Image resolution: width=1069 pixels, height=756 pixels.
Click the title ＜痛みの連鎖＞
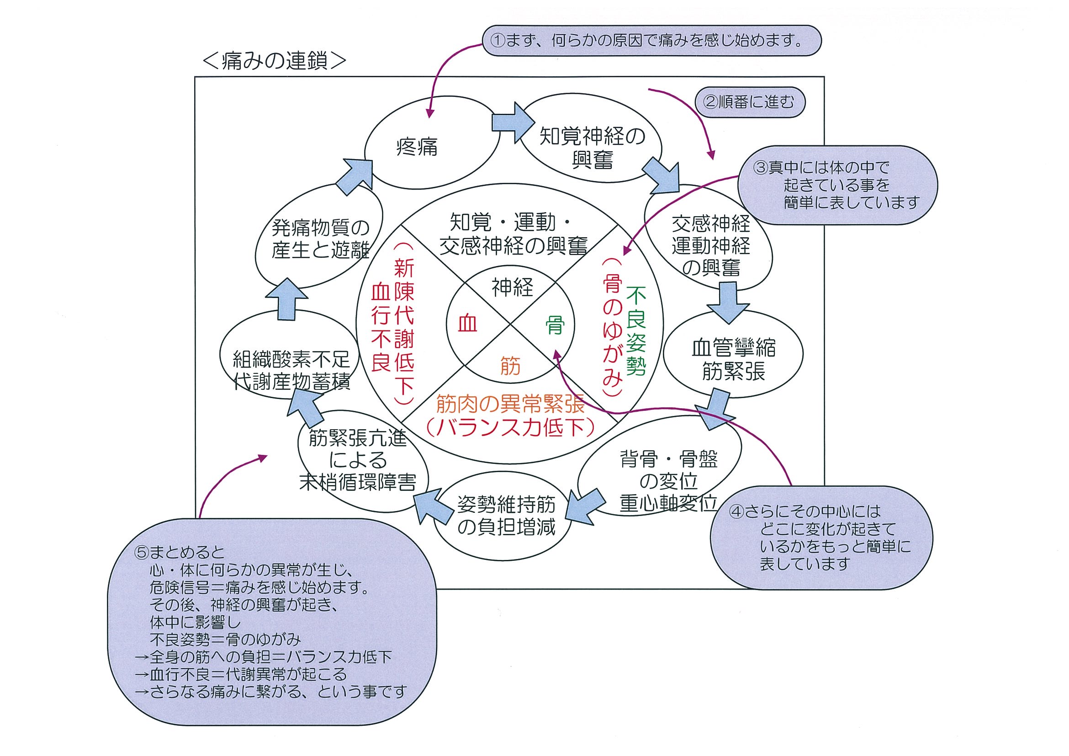[275, 60]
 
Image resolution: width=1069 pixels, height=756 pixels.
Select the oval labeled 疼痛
[416, 147]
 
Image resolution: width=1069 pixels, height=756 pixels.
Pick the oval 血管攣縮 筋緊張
[733, 360]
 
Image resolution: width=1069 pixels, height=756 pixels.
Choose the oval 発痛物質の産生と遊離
[320, 239]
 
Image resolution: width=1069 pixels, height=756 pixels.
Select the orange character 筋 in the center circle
[510, 366]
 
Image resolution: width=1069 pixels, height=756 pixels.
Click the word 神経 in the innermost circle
[512, 287]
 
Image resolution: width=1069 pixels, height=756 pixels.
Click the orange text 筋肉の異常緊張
[510, 404]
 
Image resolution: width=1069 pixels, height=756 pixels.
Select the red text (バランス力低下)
[510, 428]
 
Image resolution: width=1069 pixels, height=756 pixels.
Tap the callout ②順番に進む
[750, 102]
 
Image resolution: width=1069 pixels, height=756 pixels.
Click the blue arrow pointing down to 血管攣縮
[728, 303]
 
